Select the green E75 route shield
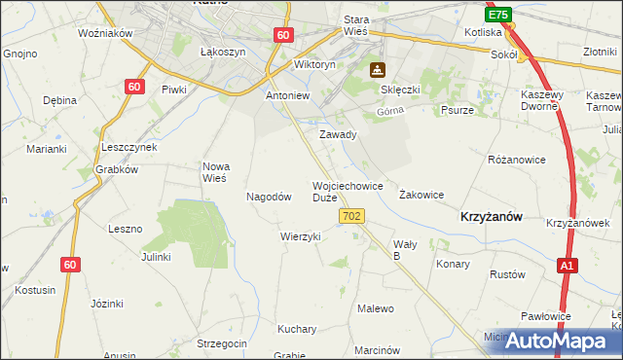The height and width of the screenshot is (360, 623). [498, 16]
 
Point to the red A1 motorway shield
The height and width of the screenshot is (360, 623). [568, 265]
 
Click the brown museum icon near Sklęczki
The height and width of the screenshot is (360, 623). [377, 70]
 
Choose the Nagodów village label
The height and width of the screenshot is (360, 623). [270, 197]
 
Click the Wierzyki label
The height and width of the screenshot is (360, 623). [300, 236]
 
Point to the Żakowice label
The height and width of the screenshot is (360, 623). [421, 195]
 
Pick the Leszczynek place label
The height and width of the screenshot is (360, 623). [128, 146]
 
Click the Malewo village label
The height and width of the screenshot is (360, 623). [376, 308]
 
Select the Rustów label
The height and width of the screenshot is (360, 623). [507, 274]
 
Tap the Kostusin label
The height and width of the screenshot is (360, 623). [35, 290]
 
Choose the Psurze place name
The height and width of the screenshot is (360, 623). [457, 111]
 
